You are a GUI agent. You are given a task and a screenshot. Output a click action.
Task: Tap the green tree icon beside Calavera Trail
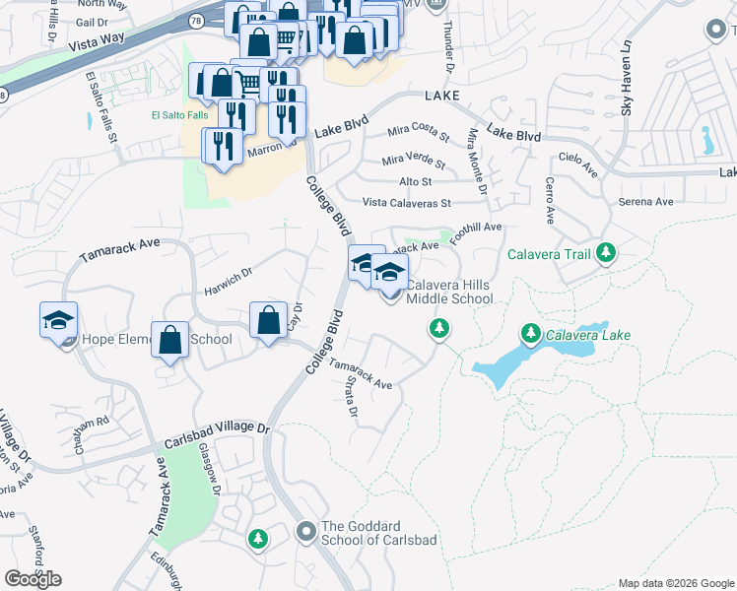[606, 255]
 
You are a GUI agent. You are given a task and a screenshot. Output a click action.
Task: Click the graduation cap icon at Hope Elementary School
[58, 320]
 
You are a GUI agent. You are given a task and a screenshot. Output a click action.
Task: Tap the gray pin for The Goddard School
[305, 533]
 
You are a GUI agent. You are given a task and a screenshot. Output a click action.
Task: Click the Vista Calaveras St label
[406, 203]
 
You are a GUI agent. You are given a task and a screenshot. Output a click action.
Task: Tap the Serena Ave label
[645, 202]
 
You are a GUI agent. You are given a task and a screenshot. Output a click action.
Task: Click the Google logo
[33, 579]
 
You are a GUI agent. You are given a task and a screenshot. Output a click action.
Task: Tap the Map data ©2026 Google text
[675, 583]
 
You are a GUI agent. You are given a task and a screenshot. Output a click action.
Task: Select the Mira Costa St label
[418, 131]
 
